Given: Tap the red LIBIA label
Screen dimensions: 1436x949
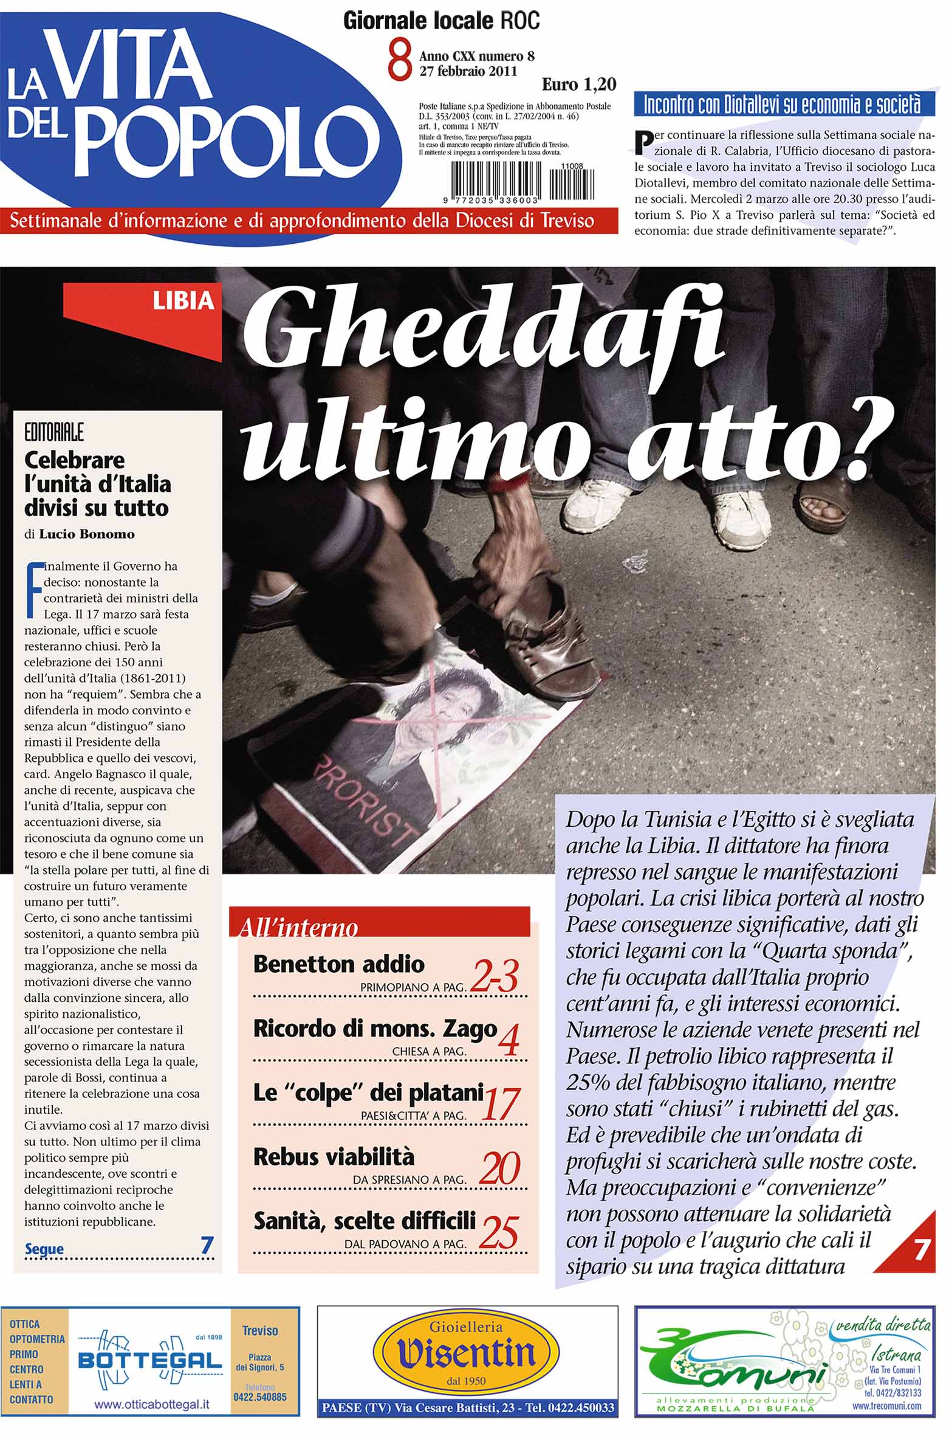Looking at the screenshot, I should point(183,301).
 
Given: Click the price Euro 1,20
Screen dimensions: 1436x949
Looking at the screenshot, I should point(578,85).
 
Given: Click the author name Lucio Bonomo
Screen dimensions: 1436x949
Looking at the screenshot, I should point(87,534).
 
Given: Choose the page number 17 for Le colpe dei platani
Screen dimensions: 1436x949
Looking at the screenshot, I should point(500,1104).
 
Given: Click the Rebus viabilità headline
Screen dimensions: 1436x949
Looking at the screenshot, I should point(334,1156).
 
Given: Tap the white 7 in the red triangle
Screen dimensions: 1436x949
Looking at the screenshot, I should point(920,1250).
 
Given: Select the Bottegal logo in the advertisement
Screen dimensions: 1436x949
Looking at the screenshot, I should point(149,1360).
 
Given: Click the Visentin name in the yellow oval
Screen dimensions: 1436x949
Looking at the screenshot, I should point(466,1354).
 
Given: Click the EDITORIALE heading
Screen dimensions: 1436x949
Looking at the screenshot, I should point(54,432).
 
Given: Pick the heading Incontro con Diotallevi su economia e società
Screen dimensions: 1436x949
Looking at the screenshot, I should point(782,105).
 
